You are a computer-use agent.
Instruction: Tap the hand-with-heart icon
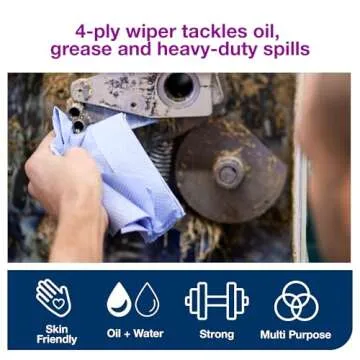coord(55,298)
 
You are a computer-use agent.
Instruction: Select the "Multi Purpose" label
coord(296,334)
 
